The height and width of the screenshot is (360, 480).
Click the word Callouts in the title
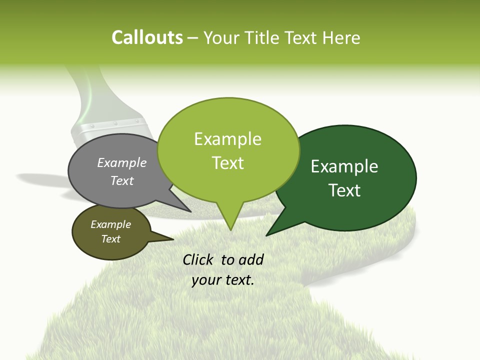(x=147, y=37)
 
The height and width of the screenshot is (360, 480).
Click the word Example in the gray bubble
(x=122, y=163)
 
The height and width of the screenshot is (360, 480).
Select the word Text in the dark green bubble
(x=345, y=190)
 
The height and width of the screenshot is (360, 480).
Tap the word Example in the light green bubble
(x=228, y=139)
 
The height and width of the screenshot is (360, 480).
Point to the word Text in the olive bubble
(x=111, y=239)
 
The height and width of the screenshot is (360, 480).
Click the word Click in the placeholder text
(x=199, y=259)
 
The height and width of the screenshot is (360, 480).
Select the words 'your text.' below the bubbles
(x=223, y=280)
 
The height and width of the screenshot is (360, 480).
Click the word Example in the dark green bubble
(x=344, y=166)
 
